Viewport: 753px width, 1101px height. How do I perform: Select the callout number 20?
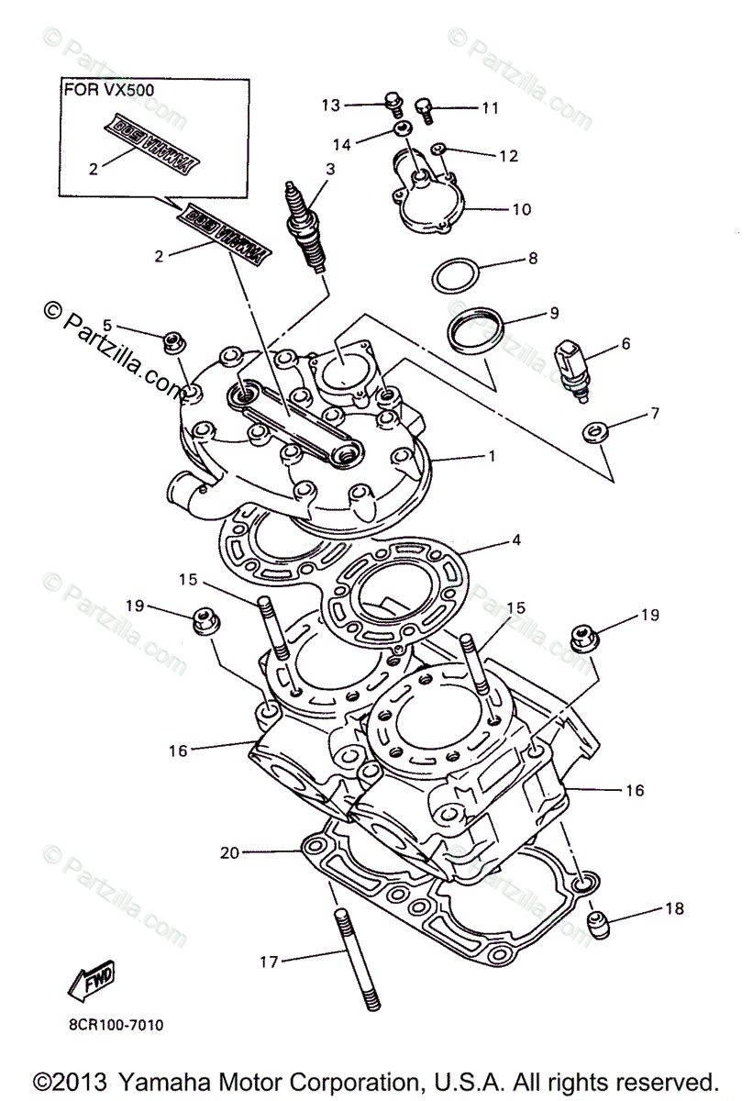[x=229, y=852]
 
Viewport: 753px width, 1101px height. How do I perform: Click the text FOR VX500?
[x=108, y=91]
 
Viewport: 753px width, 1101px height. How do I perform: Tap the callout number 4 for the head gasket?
[x=516, y=540]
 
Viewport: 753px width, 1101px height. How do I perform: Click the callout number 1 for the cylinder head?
[x=492, y=456]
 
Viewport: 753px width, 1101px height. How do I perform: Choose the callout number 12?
[x=509, y=156]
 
